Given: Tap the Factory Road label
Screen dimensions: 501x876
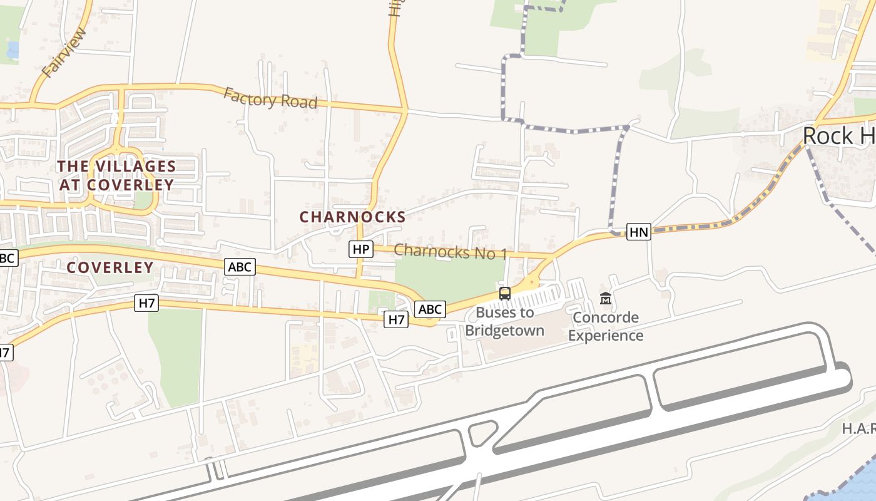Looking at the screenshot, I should (x=270, y=99).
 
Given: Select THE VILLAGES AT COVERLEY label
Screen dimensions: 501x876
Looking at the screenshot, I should (x=116, y=175).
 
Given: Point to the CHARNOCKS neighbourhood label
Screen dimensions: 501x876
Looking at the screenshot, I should (x=352, y=217).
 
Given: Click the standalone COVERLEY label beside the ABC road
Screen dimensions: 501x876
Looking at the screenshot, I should (x=110, y=267).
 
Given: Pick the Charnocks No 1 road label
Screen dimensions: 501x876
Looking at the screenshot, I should (x=450, y=252).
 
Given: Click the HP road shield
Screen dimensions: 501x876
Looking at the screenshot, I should (x=360, y=249).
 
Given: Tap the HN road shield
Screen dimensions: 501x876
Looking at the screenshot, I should (x=639, y=232).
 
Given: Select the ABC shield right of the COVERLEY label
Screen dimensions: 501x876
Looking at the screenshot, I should (x=240, y=267).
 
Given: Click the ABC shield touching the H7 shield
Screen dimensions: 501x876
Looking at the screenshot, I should (x=430, y=309).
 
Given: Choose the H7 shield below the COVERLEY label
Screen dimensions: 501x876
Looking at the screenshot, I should (x=146, y=304).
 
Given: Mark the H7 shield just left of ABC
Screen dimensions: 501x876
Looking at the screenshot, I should (x=397, y=319).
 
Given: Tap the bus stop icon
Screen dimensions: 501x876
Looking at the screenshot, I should (x=504, y=293).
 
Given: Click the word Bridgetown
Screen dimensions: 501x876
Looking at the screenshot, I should (x=504, y=331).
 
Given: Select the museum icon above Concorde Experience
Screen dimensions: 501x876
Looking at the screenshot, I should (x=605, y=299).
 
